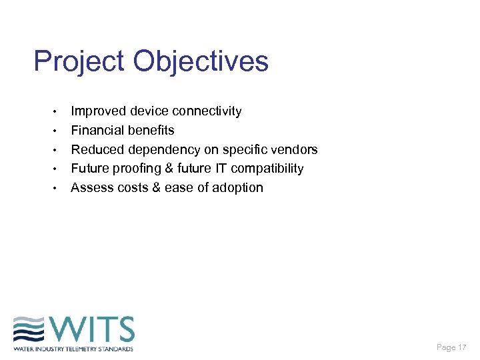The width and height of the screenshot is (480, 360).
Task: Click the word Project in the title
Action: tap(79, 62)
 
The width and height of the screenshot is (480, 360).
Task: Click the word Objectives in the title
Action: tap(201, 62)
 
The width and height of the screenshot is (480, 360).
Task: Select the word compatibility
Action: tap(267, 169)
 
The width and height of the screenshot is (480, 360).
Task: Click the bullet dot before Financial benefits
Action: tap(57, 131)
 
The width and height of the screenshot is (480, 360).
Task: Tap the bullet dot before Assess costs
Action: tap(57, 188)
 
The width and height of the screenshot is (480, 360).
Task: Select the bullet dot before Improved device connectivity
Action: tap(57, 111)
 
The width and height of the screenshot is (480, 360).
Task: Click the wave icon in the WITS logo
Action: tap(29, 330)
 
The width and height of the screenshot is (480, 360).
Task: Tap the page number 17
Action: tap(461, 347)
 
